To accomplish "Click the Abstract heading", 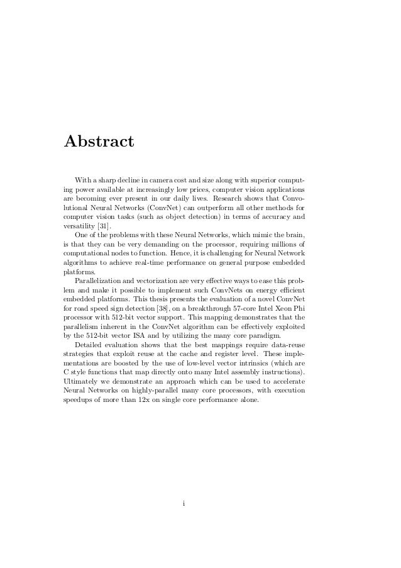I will (99, 141).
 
